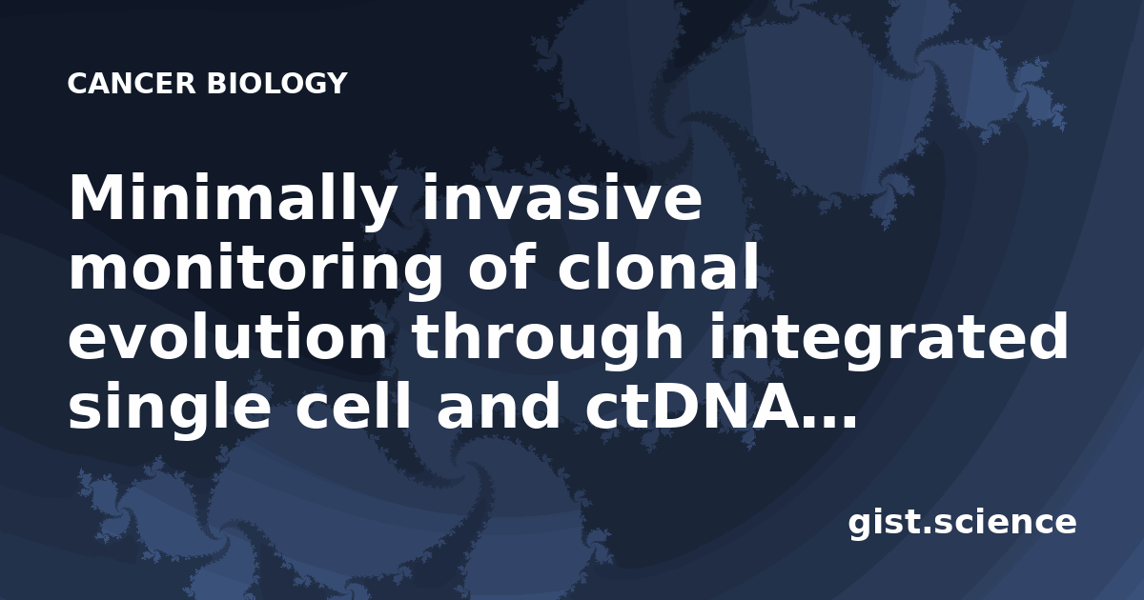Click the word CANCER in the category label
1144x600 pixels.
tap(132, 84)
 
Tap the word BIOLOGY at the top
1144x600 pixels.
tap(276, 84)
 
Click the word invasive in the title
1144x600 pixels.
tap(562, 196)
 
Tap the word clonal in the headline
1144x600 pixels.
tap(659, 266)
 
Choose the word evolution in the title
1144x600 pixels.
tap(228, 334)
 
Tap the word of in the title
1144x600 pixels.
tap(500, 266)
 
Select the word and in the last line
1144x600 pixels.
tap(499, 404)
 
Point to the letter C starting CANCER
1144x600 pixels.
tap(78, 84)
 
